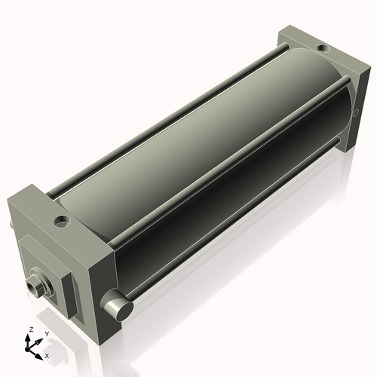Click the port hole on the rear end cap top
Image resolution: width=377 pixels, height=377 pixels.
point(323,49)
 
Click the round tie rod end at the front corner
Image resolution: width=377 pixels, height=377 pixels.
point(118,306)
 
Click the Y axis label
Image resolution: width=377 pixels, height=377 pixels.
point(46,334)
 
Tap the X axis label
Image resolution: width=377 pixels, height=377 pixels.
point(48,354)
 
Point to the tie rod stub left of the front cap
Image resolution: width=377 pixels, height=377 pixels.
point(11,226)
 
